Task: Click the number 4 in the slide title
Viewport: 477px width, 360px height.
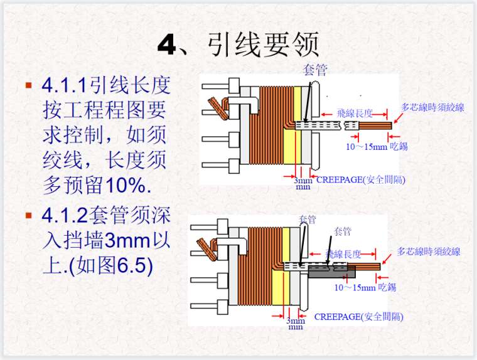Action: tap(168, 46)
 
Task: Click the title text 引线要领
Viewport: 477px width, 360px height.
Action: tap(262, 45)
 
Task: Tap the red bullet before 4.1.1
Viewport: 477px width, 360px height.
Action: tap(28, 85)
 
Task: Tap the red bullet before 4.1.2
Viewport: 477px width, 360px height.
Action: tap(28, 215)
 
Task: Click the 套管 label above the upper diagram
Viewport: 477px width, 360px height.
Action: tap(314, 69)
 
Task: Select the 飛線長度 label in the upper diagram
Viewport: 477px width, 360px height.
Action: tap(355, 114)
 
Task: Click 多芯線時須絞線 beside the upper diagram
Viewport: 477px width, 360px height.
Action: tap(433, 107)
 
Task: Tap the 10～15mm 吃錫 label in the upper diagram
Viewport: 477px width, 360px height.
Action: tap(377, 146)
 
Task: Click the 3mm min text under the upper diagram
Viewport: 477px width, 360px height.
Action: tap(303, 183)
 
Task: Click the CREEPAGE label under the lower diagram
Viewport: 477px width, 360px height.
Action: tap(359, 317)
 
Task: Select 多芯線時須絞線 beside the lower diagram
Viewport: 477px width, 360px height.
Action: tap(429, 251)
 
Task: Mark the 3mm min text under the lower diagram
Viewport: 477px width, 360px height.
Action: tap(296, 323)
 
